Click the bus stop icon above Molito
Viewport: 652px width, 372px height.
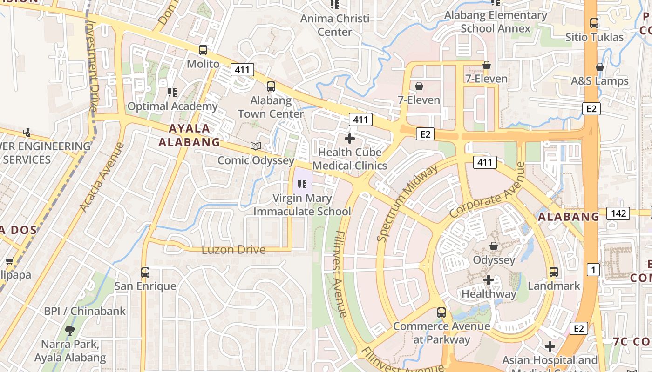(203, 50)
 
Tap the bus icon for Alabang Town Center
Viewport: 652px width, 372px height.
(271, 86)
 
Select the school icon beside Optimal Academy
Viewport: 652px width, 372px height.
(172, 93)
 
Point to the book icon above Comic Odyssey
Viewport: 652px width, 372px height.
(256, 146)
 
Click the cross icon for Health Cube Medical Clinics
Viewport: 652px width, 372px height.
(350, 139)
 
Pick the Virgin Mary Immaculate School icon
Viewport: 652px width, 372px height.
(302, 185)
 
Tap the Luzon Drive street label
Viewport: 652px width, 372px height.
(233, 250)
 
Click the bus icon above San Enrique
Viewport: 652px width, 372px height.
(145, 272)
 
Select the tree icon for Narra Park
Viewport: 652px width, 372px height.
(70, 331)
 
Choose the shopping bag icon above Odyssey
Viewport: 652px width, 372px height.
(494, 246)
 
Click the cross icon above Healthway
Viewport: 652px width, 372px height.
(489, 280)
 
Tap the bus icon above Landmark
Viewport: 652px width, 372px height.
(554, 272)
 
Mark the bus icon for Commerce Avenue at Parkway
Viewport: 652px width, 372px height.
(441, 312)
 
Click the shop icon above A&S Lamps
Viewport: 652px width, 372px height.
(600, 67)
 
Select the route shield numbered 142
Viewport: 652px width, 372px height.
(618, 213)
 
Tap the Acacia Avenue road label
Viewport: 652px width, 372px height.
(102, 177)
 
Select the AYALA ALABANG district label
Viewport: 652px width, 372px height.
(189, 135)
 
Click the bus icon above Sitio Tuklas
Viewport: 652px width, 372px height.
(594, 23)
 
